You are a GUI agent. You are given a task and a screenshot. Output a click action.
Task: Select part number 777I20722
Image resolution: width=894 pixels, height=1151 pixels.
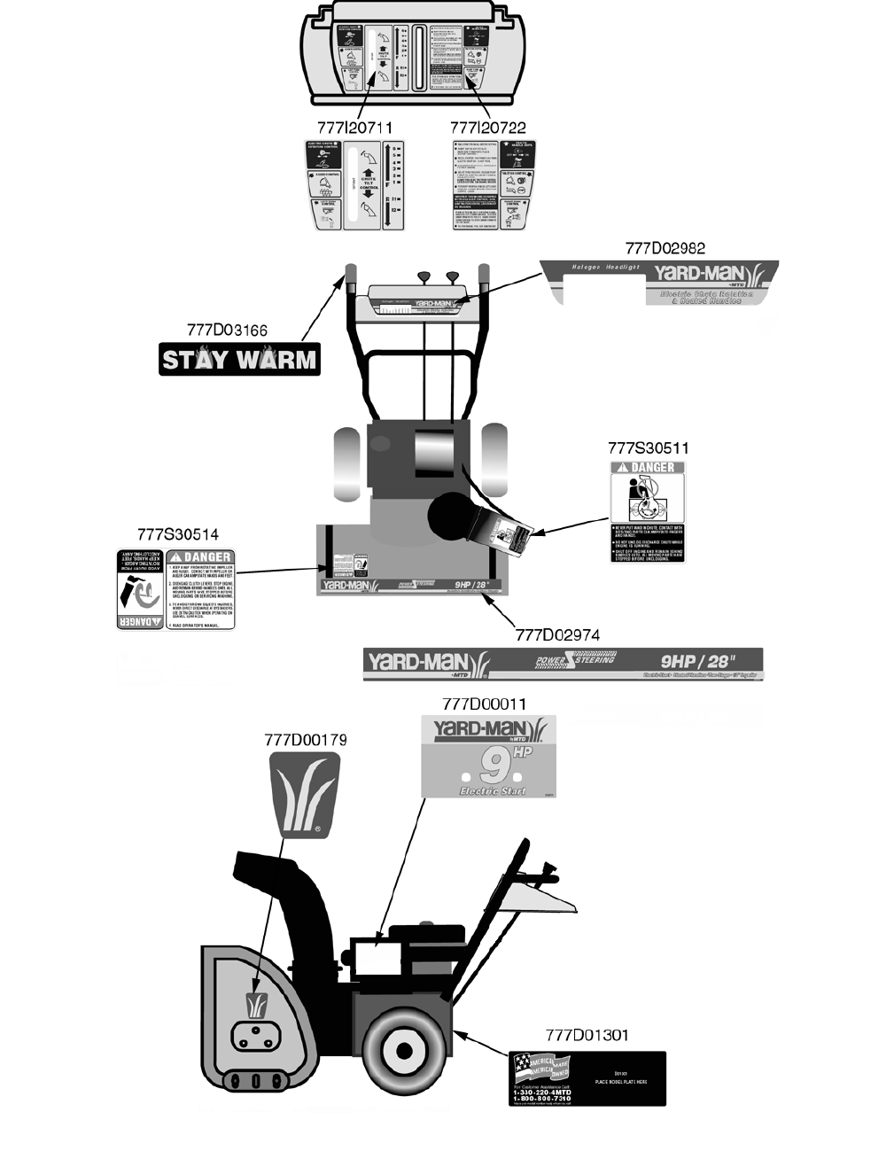[x=487, y=128]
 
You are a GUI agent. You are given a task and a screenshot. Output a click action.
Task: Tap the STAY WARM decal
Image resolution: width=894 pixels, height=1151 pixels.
[x=239, y=360]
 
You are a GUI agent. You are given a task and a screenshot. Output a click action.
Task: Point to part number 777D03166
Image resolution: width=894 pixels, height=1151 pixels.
[x=227, y=331]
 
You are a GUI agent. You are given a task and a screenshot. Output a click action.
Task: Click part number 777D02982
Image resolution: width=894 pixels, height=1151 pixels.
[x=665, y=248]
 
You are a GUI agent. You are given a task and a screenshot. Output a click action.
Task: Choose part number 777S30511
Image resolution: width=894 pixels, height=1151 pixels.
[x=648, y=448]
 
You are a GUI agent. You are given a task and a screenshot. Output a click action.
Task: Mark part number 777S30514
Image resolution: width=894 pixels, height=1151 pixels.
[x=178, y=534]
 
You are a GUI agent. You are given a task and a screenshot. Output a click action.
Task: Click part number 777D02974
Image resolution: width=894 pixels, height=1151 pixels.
[x=557, y=634]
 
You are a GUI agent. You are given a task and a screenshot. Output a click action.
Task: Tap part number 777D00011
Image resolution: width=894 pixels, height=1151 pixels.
[x=484, y=704]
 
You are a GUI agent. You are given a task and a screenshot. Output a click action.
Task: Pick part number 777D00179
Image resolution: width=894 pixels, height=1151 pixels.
[x=306, y=739]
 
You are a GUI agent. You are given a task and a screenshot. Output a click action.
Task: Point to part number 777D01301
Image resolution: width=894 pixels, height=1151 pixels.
[x=587, y=1035]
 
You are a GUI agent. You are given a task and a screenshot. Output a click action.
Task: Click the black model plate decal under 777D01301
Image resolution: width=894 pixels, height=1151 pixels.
[x=587, y=1078]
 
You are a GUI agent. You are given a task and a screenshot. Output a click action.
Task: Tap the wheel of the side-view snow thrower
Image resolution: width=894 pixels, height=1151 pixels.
[x=404, y=1050]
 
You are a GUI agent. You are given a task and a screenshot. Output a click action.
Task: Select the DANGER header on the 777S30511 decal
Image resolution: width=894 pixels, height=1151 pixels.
[x=648, y=468]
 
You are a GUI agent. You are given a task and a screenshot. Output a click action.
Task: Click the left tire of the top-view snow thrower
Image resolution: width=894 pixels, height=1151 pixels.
[x=346, y=462]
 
